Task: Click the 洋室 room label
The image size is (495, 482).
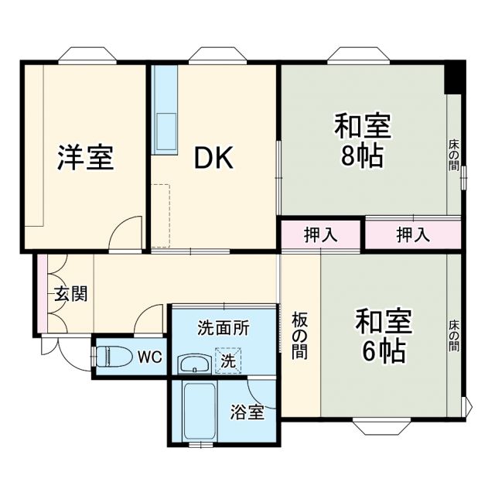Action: pyautogui.click(x=85, y=157)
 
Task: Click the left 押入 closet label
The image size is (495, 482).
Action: pyautogui.click(x=320, y=235)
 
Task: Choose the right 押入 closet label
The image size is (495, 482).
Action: pyautogui.click(x=413, y=235)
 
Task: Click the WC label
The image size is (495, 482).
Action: pyautogui.click(x=148, y=357)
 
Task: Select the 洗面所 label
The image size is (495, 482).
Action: pyautogui.click(x=224, y=327)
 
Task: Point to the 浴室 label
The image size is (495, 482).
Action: pyautogui.click(x=247, y=412)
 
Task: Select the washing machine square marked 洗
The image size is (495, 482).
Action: pyautogui.click(x=228, y=361)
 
